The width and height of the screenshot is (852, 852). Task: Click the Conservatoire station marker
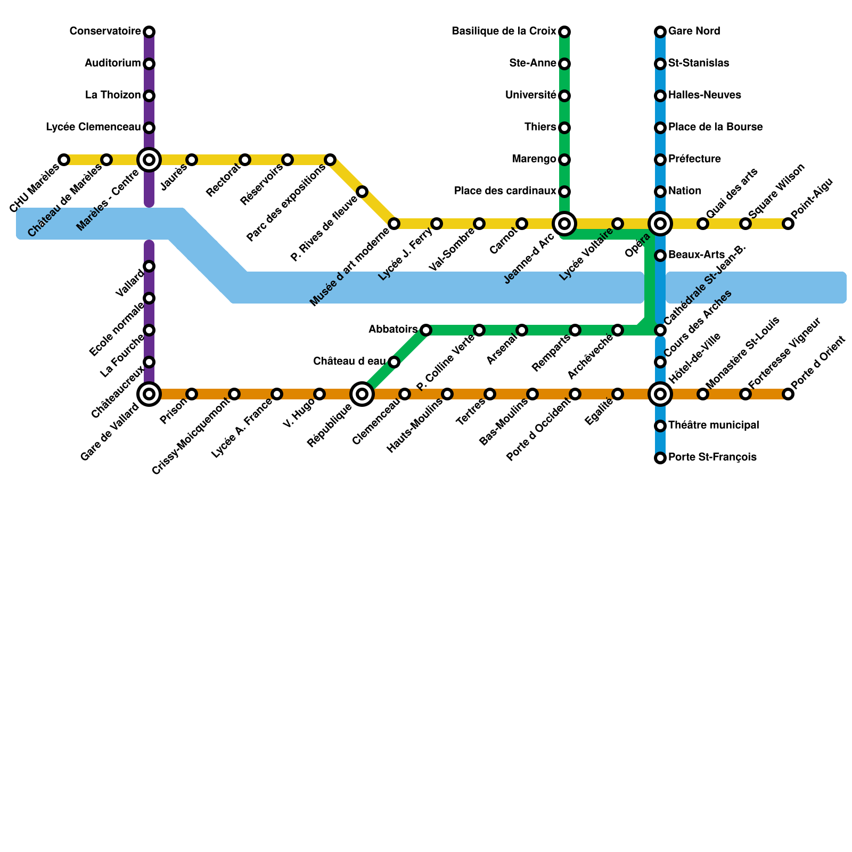pyautogui.click(x=149, y=32)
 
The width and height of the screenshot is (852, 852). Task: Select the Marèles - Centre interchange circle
pyautogui.click(x=149, y=159)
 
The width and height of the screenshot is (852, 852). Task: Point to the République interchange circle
pyautogui.click(x=362, y=394)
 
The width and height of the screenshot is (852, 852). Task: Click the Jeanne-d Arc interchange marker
pyautogui.click(x=564, y=223)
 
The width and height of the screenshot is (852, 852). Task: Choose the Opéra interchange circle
pyautogui.click(x=660, y=224)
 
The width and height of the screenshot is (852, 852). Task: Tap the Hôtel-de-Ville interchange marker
pyautogui.click(x=660, y=394)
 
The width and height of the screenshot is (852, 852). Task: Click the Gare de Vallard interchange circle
pyautogui.click(x=149, y=394)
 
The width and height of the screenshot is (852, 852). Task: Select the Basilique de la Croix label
pyautogui.click(x=504, y=31)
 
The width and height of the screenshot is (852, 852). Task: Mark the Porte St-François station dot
pyautogui.click(x=660, y=457)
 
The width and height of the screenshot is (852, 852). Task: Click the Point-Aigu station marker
pyautogui.click(x=788, y=224)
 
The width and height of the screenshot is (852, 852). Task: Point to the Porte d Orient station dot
pyautogui.click(x=788, y=394)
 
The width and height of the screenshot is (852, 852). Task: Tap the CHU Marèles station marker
pyautogui.click(x=64, y=160)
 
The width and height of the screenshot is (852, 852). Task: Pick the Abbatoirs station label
pyautogui.click(x=393, y=330)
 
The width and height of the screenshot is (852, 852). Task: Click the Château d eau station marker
pyautogui.click(x=394, y=362)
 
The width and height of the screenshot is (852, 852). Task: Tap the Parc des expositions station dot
pyautogui.click(x=330, y=160)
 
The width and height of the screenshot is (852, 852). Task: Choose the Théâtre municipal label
pyautogui.click(x=713, y=425)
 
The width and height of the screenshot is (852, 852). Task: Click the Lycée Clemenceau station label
pyautogui.click(x=93, y=127)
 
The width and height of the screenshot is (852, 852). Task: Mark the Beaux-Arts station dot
pyautogui.click(x=660, y=256)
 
